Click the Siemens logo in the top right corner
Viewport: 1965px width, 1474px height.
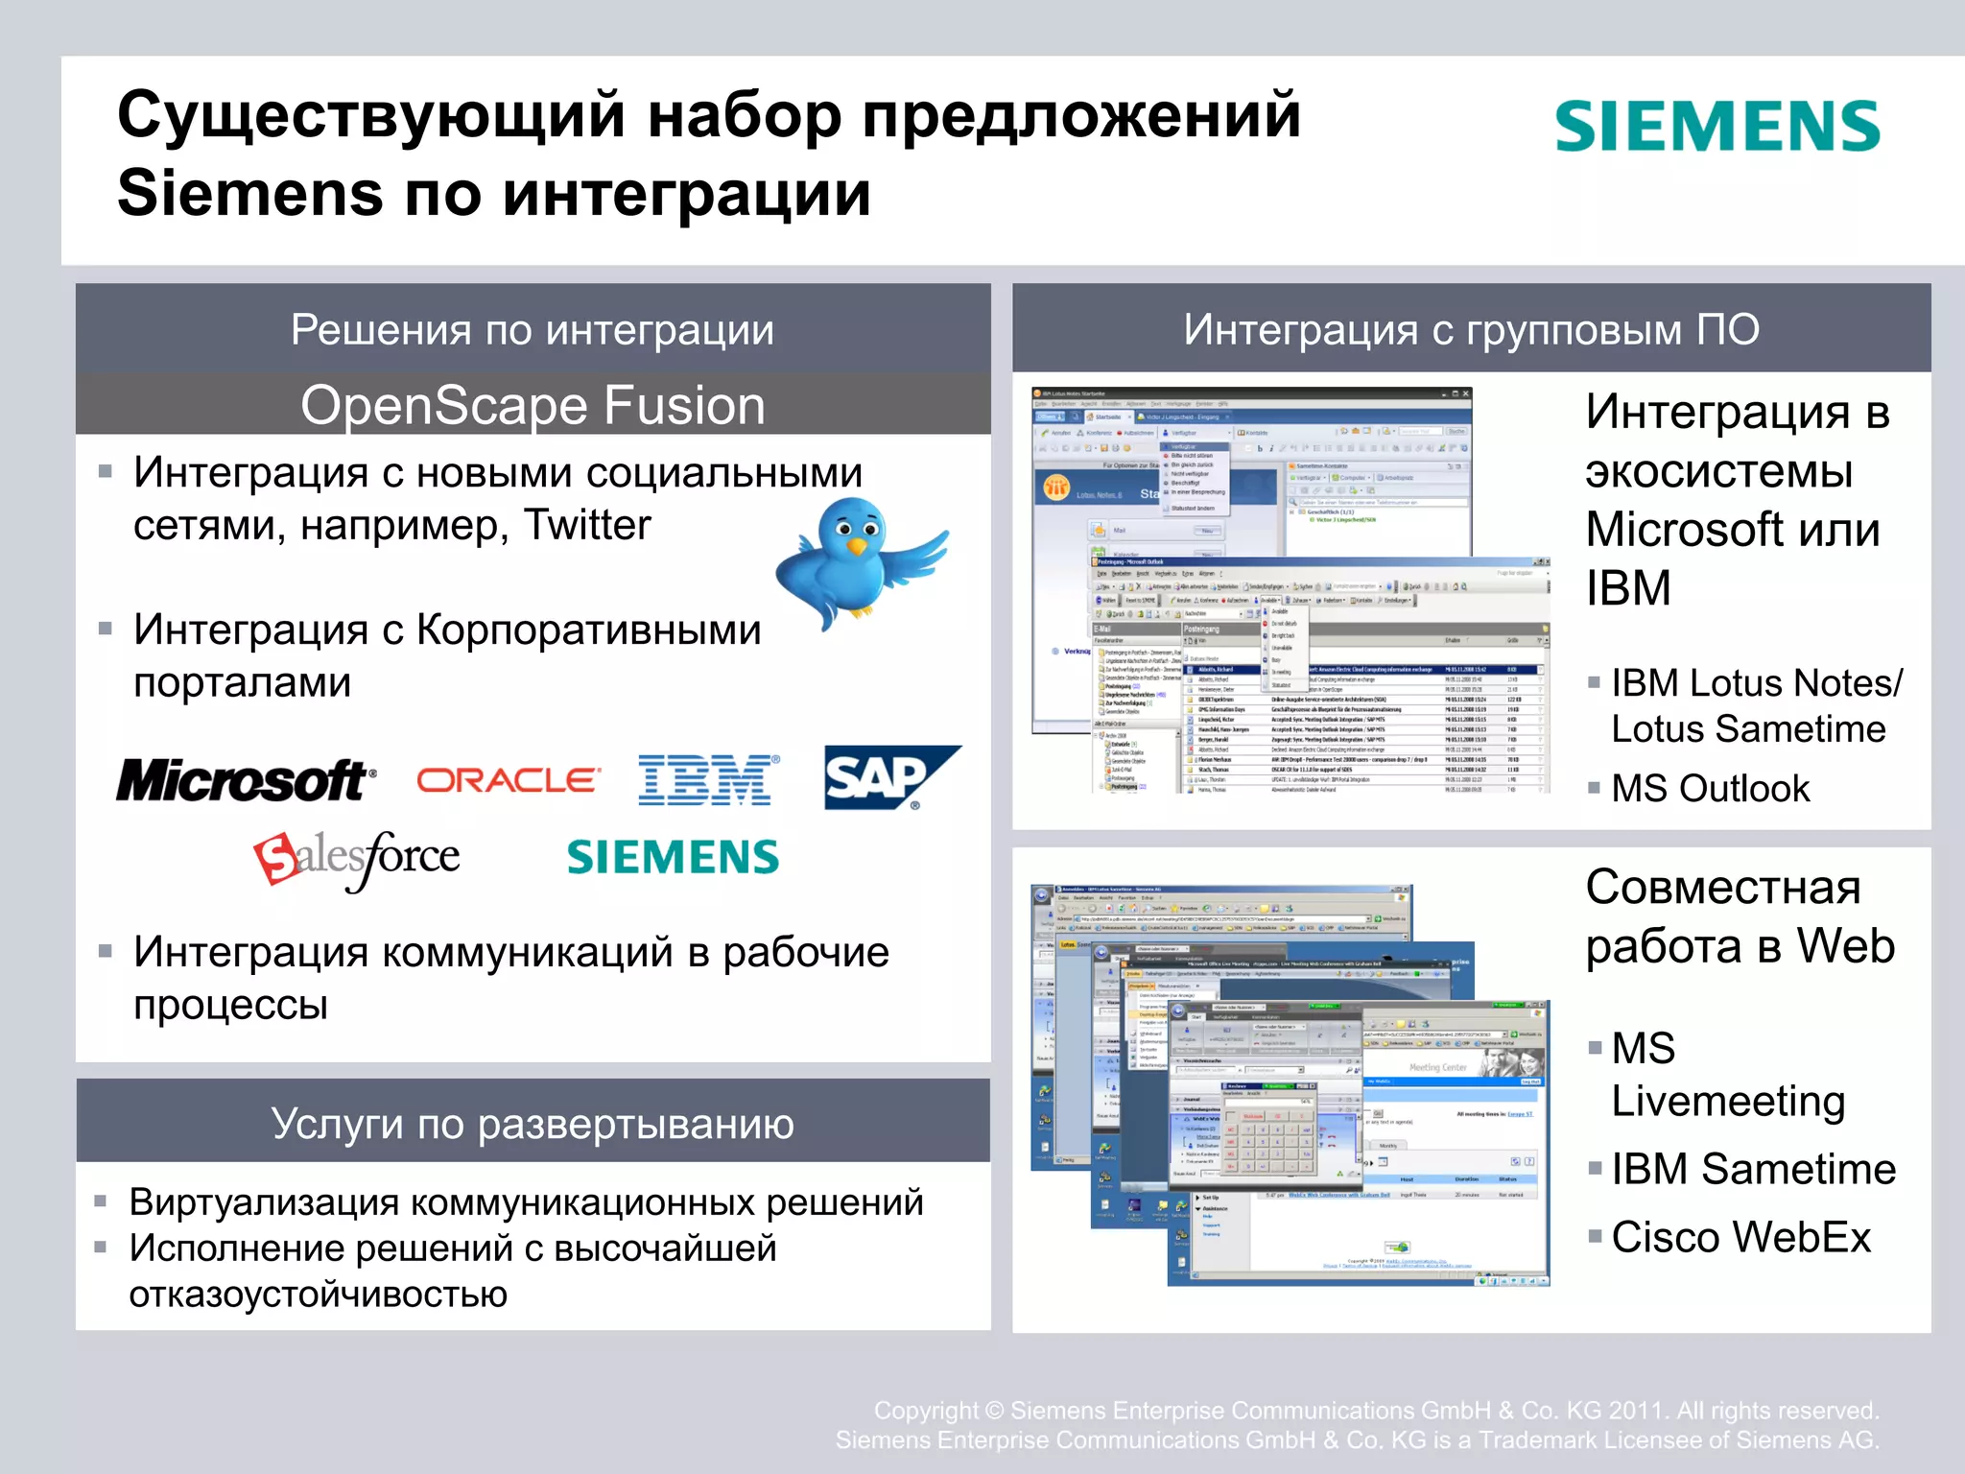[1716, 127]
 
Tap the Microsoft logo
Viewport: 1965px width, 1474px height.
[245, 780]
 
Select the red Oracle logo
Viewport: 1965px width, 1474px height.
[509, 780]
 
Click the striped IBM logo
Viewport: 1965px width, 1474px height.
[708, 779]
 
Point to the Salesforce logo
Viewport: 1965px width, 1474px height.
[357, 857]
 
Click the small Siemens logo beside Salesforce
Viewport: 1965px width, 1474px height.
[673, 857]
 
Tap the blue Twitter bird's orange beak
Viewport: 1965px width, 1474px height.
[857, 546]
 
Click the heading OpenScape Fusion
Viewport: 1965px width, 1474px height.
[533, 405]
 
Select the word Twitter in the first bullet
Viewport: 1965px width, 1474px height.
[587, 525]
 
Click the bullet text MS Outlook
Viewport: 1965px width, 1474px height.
[1710, 789]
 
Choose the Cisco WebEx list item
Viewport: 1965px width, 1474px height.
[1740, 1237]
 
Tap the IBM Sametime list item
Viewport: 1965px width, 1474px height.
[1753, 1169]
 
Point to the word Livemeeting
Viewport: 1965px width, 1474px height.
[1728, 1101]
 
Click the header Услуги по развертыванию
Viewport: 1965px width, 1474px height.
[533, 1123]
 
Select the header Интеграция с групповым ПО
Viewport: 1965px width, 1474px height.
[1471, 329]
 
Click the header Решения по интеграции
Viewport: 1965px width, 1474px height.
[533, 329]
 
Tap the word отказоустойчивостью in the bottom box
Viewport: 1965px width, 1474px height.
[319, 1294]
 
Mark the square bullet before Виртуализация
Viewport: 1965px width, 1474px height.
[101, 1201]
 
